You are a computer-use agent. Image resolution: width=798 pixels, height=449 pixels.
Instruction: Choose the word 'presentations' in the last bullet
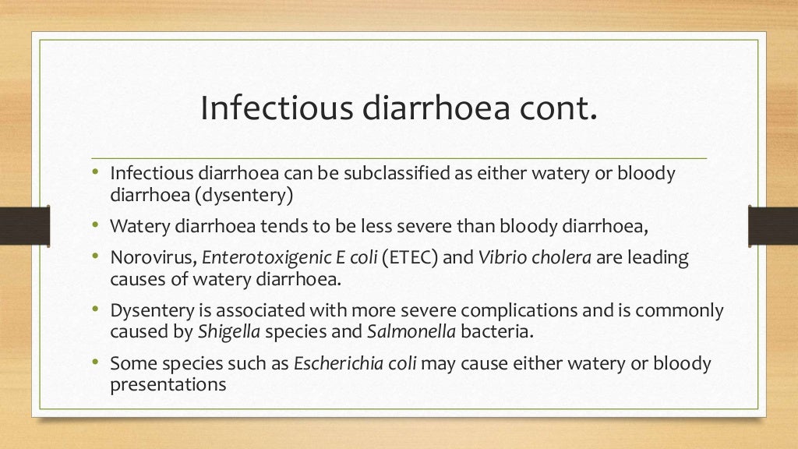(168, 384)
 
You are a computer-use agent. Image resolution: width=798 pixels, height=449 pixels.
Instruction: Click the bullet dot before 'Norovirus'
(95, 256)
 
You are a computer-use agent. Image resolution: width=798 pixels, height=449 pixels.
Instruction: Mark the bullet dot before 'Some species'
(95, 362)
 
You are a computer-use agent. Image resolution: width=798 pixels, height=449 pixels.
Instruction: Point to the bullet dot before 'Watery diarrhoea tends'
(95, 224)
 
